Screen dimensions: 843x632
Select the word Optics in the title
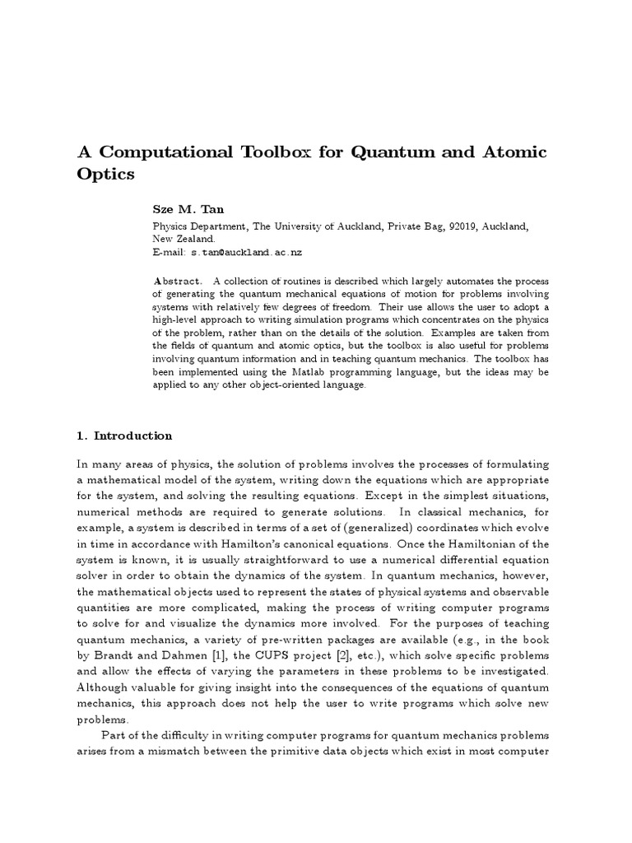pyautogui.click(x=106, y=175)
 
